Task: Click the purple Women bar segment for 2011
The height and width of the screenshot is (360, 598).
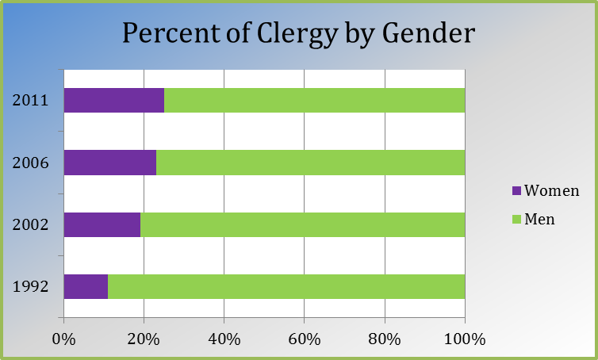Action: click(114, 100)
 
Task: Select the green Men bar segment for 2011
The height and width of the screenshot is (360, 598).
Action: click(315, 100)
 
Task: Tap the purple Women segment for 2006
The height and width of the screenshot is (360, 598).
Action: click(110, 163)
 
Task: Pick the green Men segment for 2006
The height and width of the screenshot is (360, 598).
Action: click(311, 163)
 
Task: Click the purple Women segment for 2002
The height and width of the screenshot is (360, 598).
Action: click(102, 224)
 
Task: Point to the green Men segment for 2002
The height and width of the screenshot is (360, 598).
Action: click(303, 224)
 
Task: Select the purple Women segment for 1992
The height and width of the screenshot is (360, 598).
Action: click(86, 286)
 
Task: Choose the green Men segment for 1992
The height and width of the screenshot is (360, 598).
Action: click(286, 286)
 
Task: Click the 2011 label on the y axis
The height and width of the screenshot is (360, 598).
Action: click(30, 100)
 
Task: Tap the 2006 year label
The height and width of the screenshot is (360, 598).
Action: click(30, 163)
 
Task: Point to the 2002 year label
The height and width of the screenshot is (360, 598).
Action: click(30, 224)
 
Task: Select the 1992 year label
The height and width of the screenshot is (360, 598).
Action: click(30, 286)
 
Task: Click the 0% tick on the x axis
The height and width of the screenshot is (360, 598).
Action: click(63, 339)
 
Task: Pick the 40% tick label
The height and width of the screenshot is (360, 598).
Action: click(224, 339)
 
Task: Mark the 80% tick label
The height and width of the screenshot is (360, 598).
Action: click(385, 339)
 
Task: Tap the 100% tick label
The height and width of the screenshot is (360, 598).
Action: click(465, 339)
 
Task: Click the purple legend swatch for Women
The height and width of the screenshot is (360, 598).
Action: click(516, 190)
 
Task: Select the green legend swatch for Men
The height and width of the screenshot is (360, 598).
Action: click(516, 220)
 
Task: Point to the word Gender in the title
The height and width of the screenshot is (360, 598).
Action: click(428, 33)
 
